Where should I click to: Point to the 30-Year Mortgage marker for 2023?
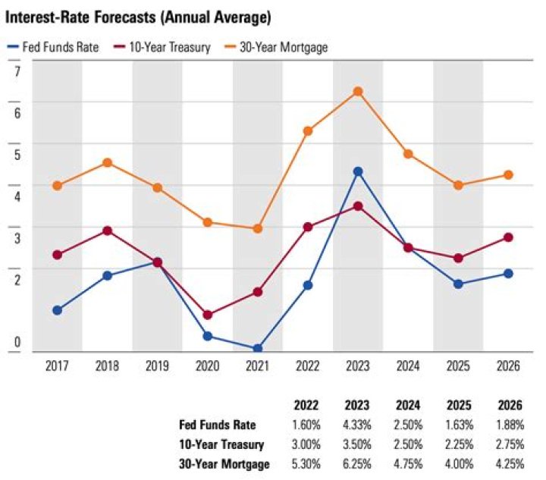pos(358,92)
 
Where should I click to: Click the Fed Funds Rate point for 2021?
pos(258,348)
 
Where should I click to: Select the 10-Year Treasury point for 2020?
pos(208,315)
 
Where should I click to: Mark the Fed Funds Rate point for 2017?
pos(57,310)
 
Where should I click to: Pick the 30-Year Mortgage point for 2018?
pos(107,162)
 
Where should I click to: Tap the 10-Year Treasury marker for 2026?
pos(508,237)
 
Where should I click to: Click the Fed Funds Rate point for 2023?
pos(358,171)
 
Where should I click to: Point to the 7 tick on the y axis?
pos(17,72)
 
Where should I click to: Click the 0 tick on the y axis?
pos(17,343)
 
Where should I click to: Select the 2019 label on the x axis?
pos(157,366)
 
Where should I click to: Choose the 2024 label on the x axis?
pos(408,366)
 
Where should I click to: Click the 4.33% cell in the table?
pos(358,425)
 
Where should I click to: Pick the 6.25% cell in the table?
pos(358,464)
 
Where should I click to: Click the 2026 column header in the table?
pos(509,405)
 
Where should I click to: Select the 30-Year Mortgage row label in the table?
pos(224,464)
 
